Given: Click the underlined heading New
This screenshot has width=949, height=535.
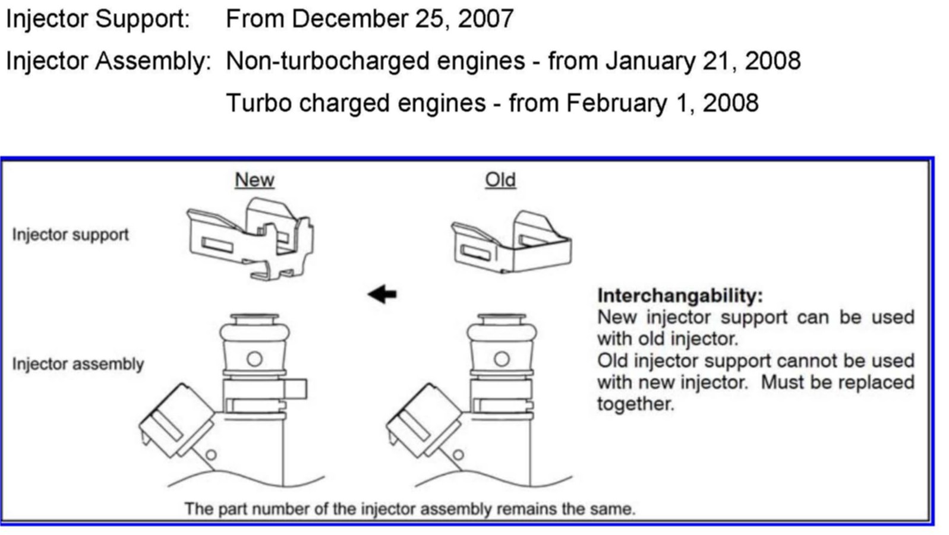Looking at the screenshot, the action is point(254,180).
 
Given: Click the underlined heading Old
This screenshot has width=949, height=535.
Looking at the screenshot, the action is point(500,180).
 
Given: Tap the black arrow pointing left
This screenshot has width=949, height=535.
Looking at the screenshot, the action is point(382,294).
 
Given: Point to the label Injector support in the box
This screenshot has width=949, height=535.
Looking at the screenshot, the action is point(70,235).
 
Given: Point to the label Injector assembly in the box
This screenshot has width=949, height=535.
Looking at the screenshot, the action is point(78,364).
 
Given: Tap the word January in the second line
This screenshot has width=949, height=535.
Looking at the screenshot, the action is point(650,61).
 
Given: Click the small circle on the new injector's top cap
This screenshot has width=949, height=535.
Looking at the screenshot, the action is point(254,359).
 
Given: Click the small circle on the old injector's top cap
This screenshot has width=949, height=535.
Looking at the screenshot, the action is point(502,359).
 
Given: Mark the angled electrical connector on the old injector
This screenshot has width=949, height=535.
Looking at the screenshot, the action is point(424,421).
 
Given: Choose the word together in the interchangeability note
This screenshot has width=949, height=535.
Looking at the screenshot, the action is point(635,404).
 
